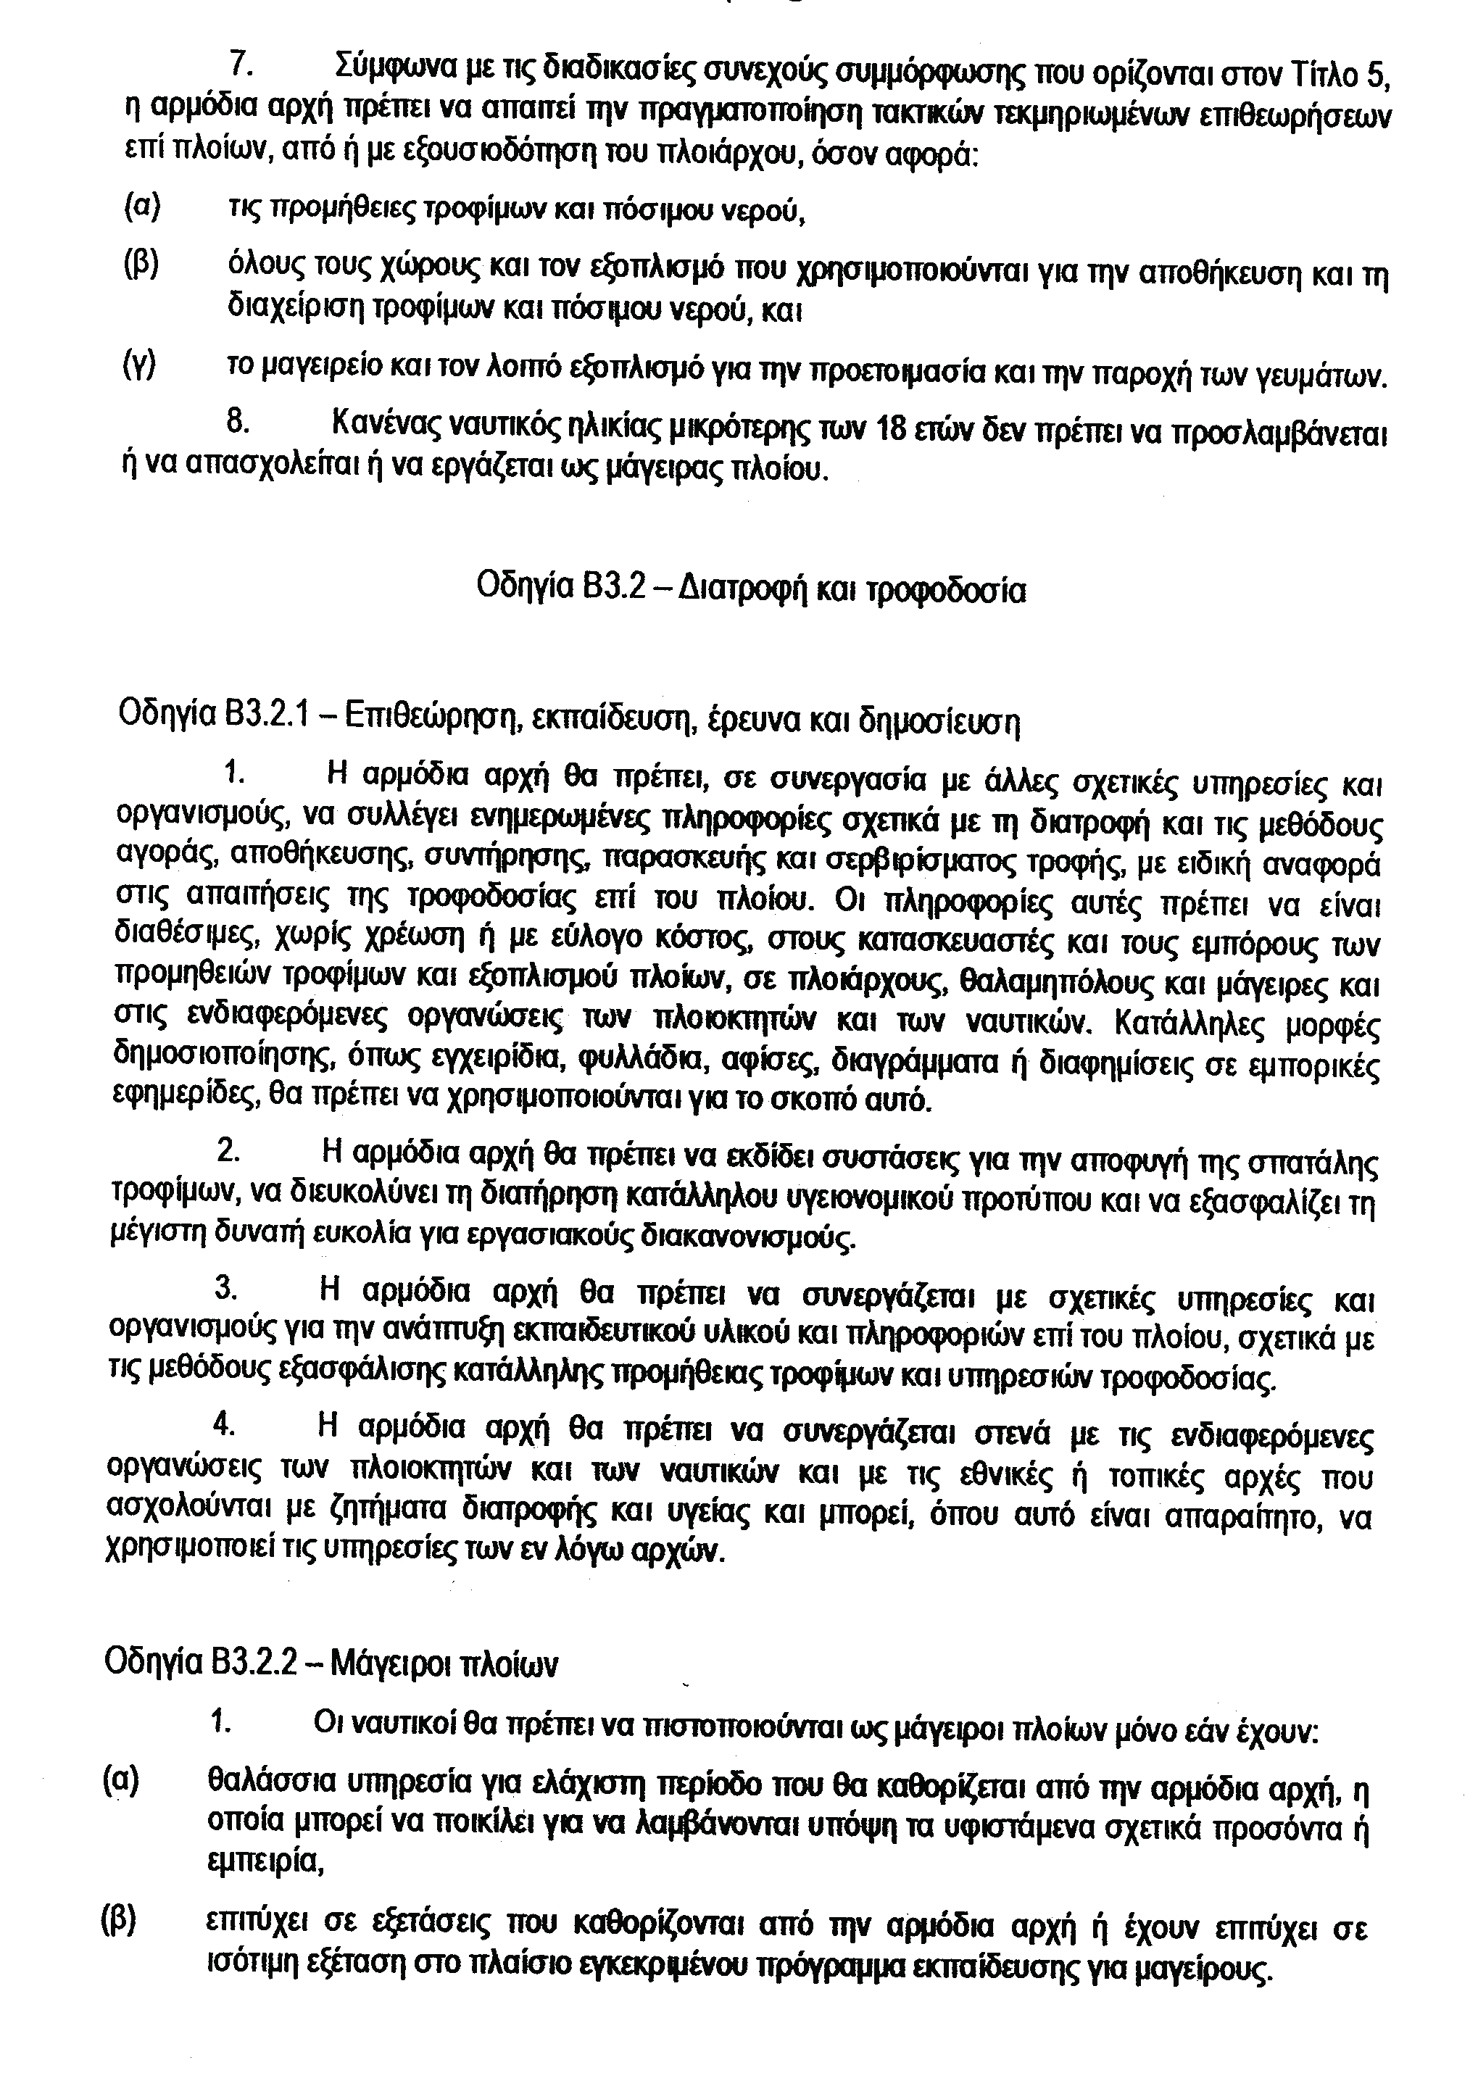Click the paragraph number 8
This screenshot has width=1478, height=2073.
[x=236, y=423]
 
